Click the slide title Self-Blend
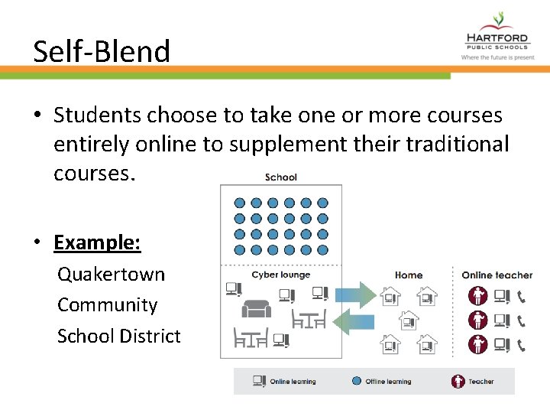(x=102, y=52)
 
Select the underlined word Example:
(x=97, y=242)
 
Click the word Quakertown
(x=111, y=274)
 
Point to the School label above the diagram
(x=280, y=177)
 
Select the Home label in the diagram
(x=408, y=275)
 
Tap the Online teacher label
(x=497, y=275)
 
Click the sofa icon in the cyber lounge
(x=256, y=309)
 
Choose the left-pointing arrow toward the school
(x=356, y=320)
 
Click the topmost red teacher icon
(x=478, y=295)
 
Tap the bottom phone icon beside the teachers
(x=522, y=344)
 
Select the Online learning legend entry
(x=284, y=381)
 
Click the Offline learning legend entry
(x=381, y=381)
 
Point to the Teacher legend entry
(x=473, y=381)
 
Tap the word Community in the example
(x=107, y=305)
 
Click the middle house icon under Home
(x=409, y=320)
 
